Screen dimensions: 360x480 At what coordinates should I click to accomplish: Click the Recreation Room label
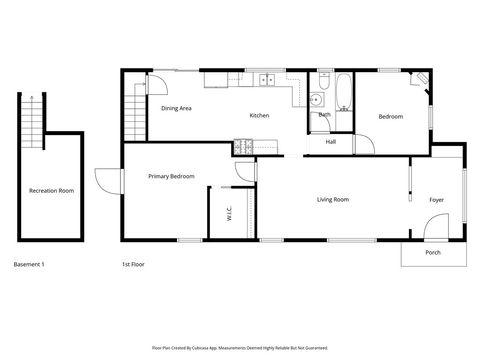click(x=51, y=190)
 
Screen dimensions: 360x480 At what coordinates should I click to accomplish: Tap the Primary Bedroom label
click(x=171, y=176)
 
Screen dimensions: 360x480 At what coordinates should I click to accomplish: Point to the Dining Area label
click(x=176, y=107)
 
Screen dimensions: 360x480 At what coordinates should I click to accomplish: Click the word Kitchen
click(x=259, y=116)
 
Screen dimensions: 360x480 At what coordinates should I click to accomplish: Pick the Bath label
click(x=324, y=115)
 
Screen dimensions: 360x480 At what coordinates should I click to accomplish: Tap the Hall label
click(x=330, y=142)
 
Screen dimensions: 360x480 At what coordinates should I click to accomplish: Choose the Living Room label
click(x=333, y=200)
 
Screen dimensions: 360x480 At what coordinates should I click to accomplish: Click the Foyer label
click(x=437, y=200)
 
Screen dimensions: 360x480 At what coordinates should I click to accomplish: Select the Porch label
click(x=432, y=252)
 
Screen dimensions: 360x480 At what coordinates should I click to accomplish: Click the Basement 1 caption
click(x=29, y=264)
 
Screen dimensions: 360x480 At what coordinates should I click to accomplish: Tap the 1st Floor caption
click(x=134, y=264)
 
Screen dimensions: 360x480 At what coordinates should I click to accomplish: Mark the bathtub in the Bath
click(x=344, y=92)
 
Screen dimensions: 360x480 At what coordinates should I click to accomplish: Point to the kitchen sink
click(x=267, y=79)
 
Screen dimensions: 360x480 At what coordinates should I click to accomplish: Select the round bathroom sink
click(x=316, y=100)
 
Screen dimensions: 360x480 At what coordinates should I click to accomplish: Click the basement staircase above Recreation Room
click(x=35, y=116)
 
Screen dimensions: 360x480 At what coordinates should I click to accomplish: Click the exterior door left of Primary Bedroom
click(x=107, y=180)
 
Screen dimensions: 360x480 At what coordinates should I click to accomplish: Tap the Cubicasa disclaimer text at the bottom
click(x=239, y=348)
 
